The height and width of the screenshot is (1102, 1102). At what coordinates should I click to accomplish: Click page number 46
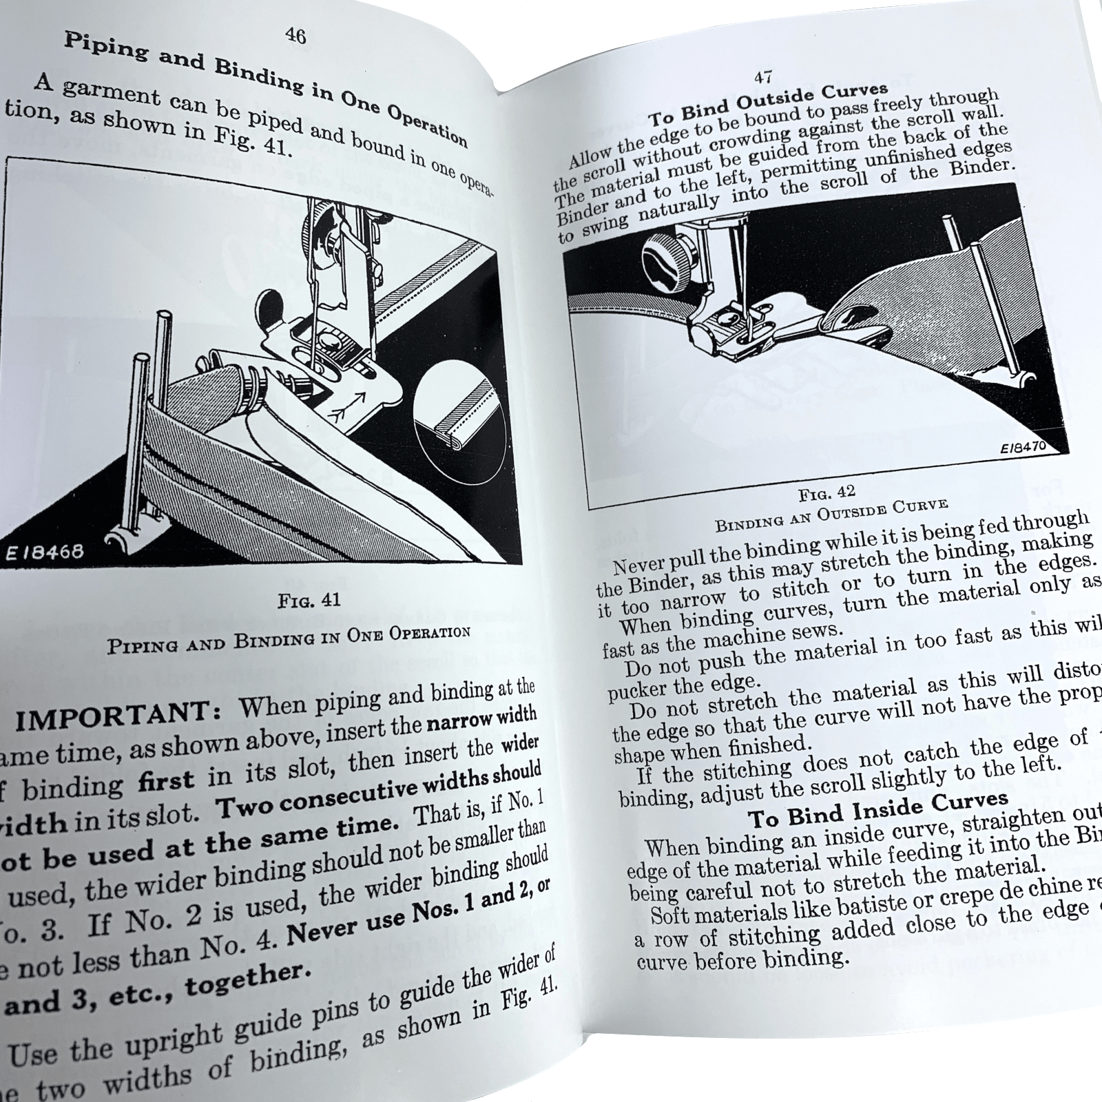tap(295, 35)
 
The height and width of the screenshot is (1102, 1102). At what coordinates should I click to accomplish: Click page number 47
tap(762, 76)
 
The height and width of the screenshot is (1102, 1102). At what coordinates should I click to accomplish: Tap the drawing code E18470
tap(1023, 447)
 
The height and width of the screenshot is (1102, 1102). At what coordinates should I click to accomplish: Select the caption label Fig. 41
tap(309, 600)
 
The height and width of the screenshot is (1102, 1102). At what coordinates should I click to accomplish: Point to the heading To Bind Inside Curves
tap(877, 809)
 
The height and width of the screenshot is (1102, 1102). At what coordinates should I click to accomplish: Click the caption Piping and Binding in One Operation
tap(289, 640)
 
